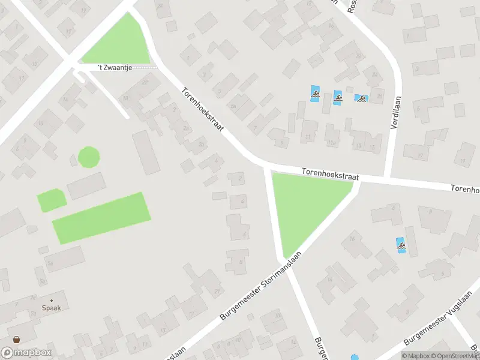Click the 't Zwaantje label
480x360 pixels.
114,68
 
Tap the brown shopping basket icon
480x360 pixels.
16,340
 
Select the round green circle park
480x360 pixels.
89,158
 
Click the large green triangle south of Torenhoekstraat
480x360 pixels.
304,204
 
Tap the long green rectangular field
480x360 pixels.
101,217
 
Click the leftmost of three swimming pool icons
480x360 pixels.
315,93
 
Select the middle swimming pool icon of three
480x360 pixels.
338,97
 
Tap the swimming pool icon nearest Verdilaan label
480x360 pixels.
361,98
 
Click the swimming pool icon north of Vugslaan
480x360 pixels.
400,245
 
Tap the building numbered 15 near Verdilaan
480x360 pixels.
373,146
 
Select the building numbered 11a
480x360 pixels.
331,143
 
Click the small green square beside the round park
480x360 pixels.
52,200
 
